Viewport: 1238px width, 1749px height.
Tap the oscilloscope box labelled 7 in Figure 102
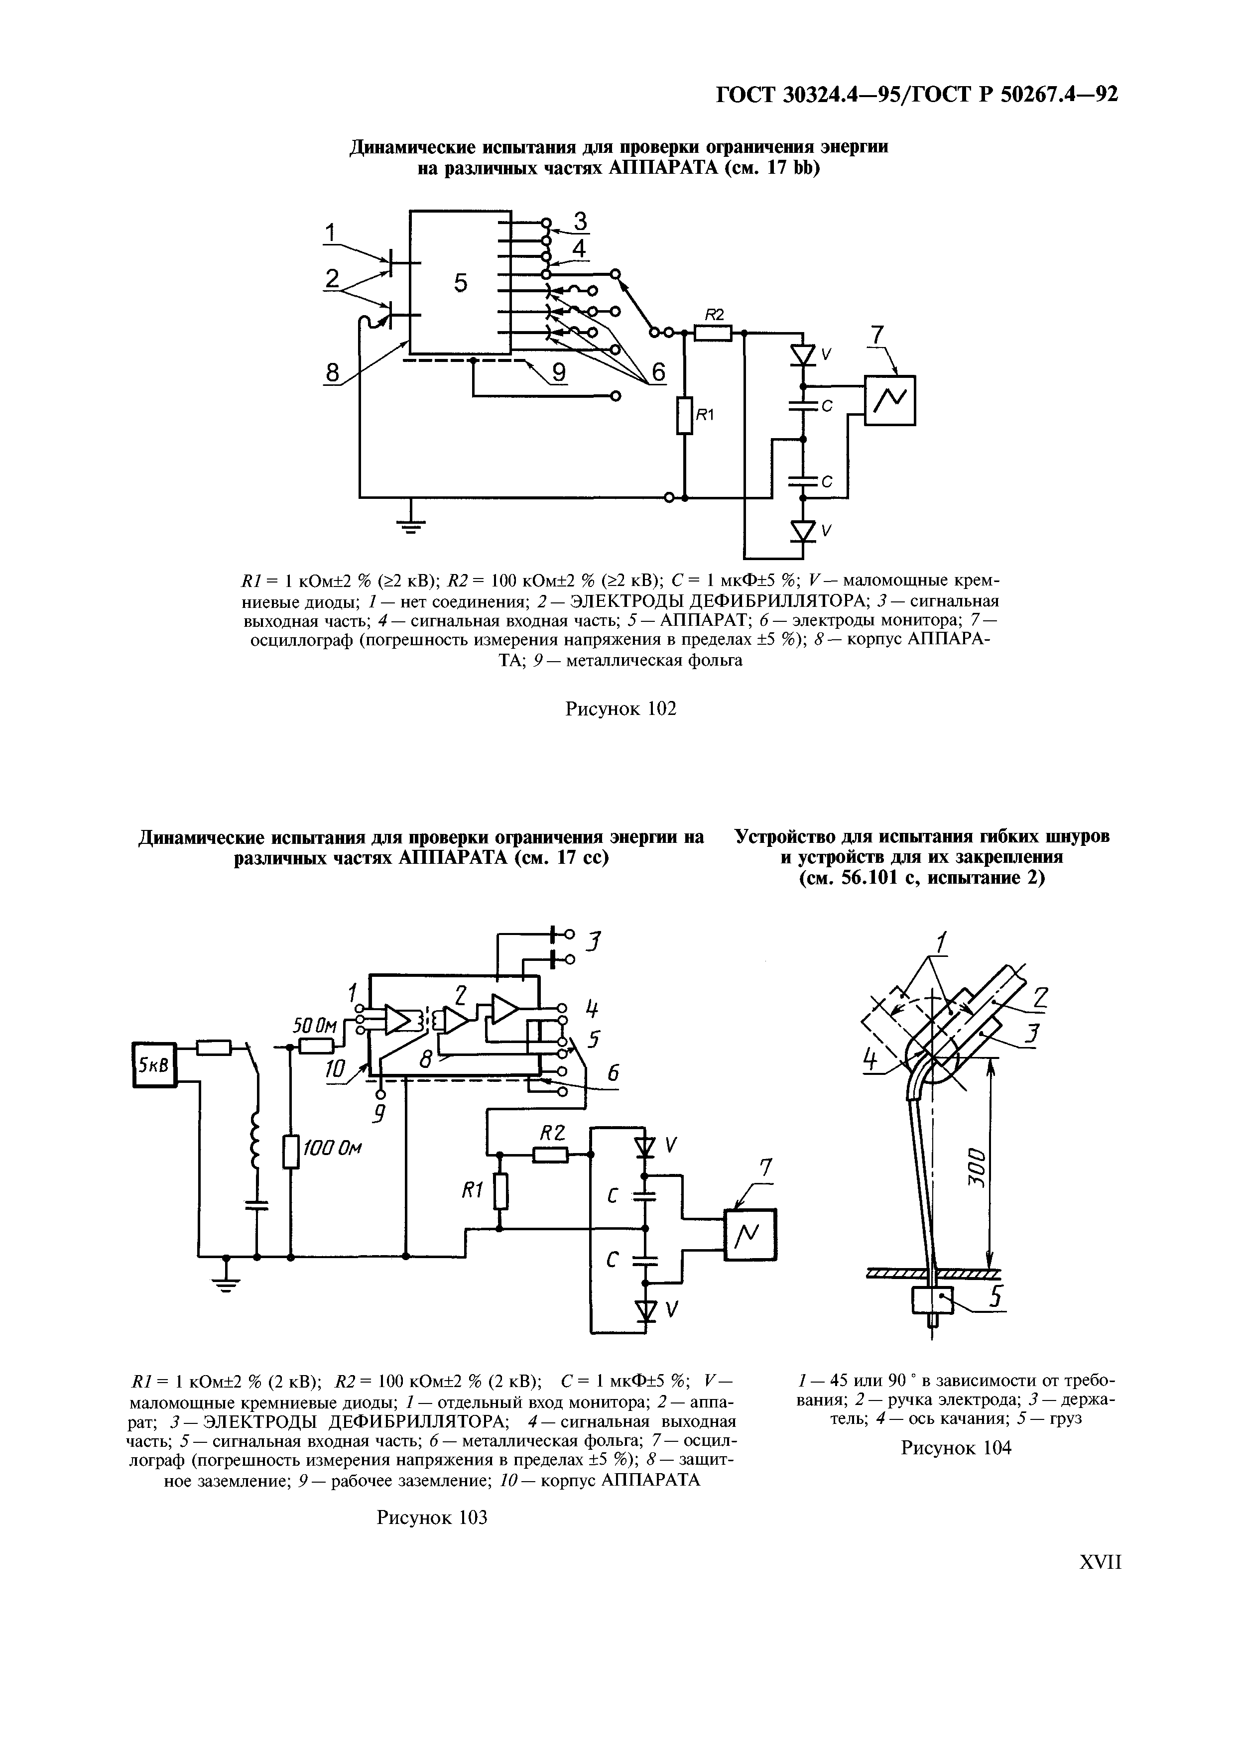(889, 401)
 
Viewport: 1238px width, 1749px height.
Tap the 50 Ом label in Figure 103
(315, 1027)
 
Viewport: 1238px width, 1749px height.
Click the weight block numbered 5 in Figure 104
(932, 1300)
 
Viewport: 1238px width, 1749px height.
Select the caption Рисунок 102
(620, 709)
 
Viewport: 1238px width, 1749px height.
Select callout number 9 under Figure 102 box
(559, 373)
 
